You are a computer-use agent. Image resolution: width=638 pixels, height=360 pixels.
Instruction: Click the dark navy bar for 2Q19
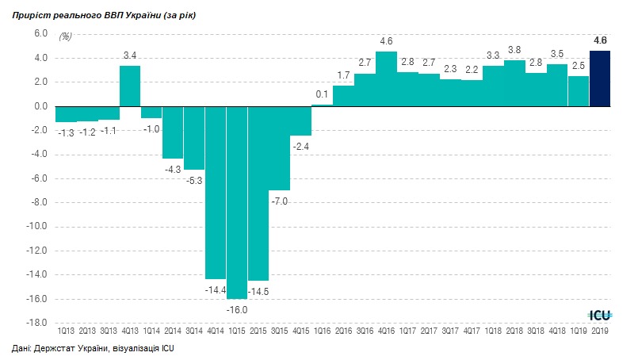point(600,79)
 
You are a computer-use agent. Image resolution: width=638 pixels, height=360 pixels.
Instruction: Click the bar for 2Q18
point(514,83)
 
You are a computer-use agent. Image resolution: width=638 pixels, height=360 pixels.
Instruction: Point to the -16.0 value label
point(237,309)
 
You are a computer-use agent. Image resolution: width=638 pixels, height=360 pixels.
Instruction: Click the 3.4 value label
point(130,55)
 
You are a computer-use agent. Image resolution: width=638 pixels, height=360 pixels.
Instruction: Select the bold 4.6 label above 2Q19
point(600,40)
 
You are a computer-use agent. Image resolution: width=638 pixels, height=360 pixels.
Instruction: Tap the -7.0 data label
point(279,201)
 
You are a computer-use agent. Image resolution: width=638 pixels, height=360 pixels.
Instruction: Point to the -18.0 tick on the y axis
point(37,323)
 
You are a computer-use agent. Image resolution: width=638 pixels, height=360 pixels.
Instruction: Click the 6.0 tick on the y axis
point(40,34)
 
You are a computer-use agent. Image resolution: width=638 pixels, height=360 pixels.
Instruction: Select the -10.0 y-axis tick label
point(37,227)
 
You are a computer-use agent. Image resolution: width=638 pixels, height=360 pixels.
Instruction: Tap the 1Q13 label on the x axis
point(66,331)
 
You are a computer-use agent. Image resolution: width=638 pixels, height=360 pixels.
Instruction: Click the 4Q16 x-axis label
point(386,331)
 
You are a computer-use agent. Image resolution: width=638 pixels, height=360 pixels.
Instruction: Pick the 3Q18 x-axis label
point(536,331)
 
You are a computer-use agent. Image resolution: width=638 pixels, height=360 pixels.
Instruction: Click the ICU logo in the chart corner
point(599,313)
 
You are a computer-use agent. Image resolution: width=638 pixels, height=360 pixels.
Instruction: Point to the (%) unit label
point(66,36)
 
